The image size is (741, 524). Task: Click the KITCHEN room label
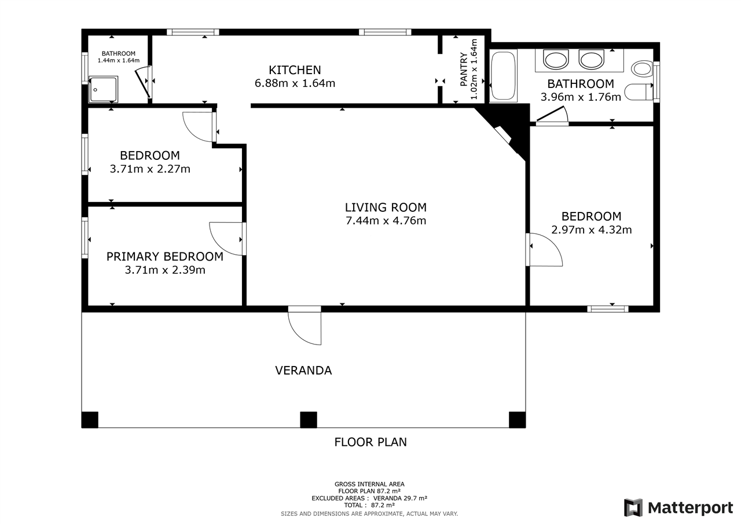click(x=295, y=70)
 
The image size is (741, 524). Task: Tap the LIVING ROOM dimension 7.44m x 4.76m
click(x=386, y=221)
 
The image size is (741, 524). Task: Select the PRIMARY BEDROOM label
click(x=164, y=256)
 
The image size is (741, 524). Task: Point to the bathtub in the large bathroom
click(x=502, y=76)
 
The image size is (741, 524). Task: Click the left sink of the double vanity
click(x=556, y=60)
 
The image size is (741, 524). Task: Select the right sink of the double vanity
click(x=591, y=60)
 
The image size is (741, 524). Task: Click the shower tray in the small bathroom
click(x=104, y=90)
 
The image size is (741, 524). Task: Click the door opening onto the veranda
click(x=305, y=327)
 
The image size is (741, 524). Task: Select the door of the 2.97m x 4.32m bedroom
click(x=545, y=250)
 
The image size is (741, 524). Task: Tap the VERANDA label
click(x=303, y=371)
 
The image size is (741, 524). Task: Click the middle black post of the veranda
click(x=309, y=420)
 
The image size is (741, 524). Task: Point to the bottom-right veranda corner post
click(x=517, y=420)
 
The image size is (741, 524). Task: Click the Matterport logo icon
click(x=633, y=508)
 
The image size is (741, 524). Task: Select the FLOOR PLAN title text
click(x=370, y=442)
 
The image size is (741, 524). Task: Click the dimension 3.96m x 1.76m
click(x=581, y=97)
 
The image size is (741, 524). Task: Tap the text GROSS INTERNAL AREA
click(x=369, y=484)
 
